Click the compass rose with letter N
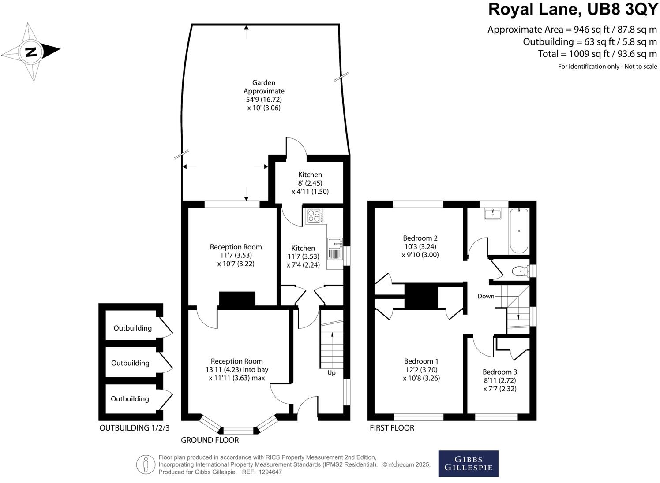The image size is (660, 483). pos(30,52)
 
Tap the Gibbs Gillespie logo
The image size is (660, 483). pos(468,464)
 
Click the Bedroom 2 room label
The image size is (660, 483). pos(420,246)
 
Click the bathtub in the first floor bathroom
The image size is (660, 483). pos(519,231)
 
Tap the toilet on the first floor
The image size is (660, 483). pos(520,271)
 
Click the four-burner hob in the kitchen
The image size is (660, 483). pos(315,216)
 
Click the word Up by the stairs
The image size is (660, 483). pos(331,373)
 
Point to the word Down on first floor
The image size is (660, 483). pos(486,296)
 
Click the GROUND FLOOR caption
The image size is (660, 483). pos(210,440)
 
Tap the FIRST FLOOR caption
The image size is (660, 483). pos(392,428)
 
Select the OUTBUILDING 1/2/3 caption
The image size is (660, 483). pos(134,428)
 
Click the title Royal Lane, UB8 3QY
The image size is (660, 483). pos(573,9)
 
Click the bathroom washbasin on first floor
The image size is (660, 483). pos(492,214)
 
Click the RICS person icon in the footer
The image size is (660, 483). pos(146,464)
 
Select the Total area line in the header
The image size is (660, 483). pos(597,54)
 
